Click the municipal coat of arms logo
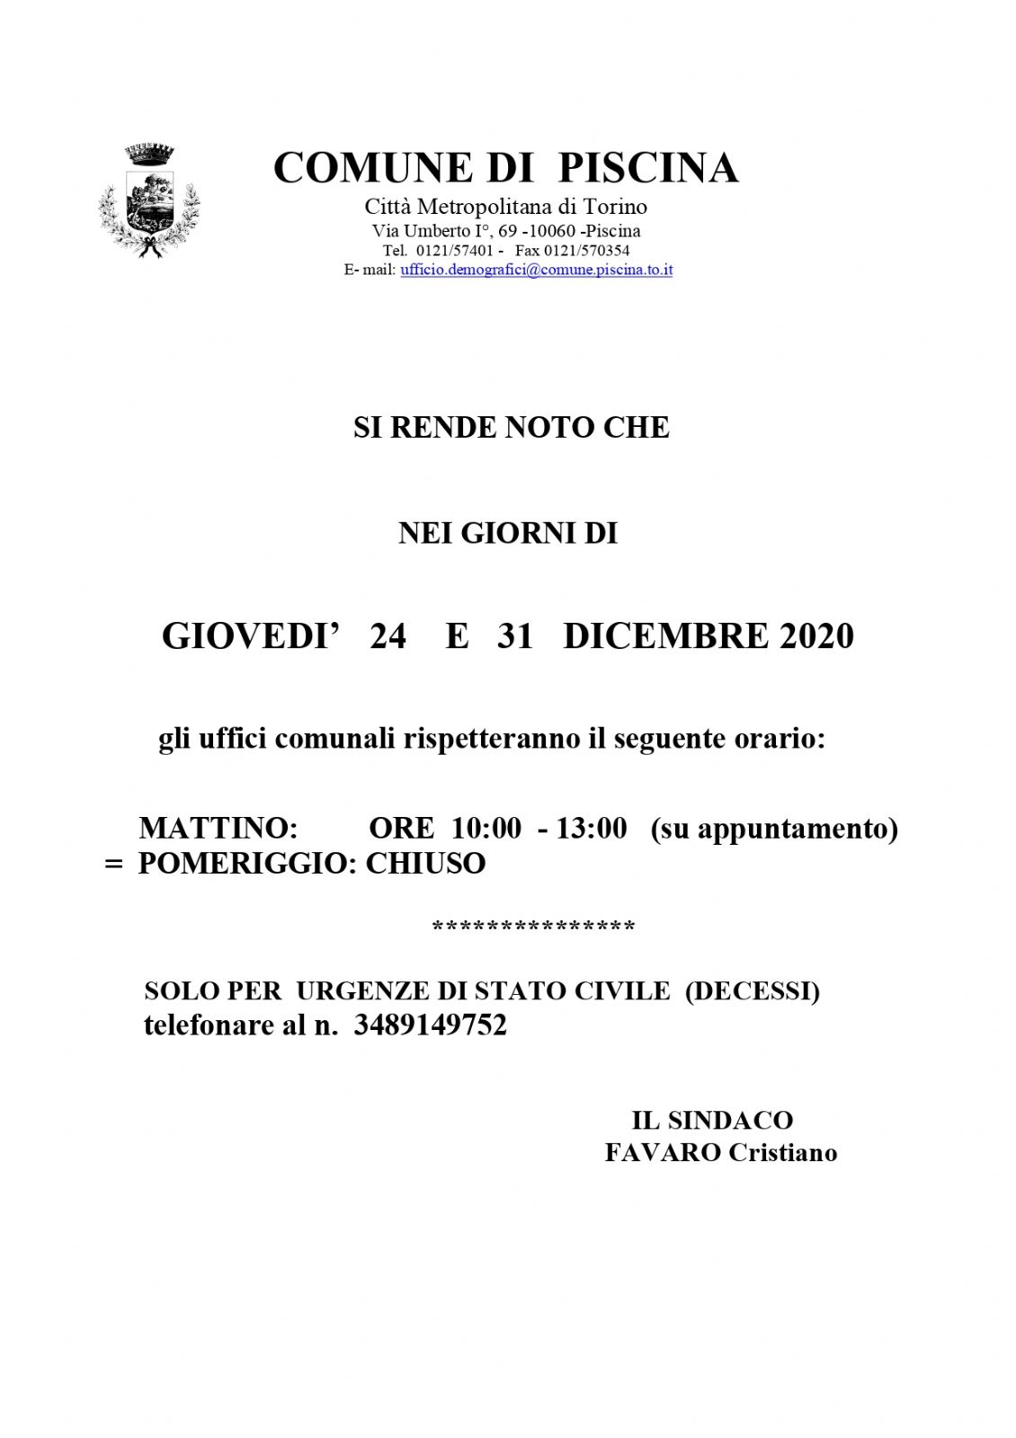[x=148, y=201]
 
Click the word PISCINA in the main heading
[x=647, y=168]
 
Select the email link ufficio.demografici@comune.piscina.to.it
[x=536, y=270]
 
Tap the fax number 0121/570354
[x=586, y=251]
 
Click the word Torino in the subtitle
[x=615, y=207]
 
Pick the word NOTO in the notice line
[x=549, y=427]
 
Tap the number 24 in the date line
[x=388, y=636]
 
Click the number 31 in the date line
[x=514, y=636]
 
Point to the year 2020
[x=816, y=636]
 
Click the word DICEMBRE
[x=666, y=636]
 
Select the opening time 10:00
[x=486, y=828]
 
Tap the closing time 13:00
[x=591, y=828]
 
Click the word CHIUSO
[x=425, y=863]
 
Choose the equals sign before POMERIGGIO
[x=113, y=864]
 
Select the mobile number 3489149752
[x=430, y=1025]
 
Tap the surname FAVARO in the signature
[x=663, y=1152]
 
